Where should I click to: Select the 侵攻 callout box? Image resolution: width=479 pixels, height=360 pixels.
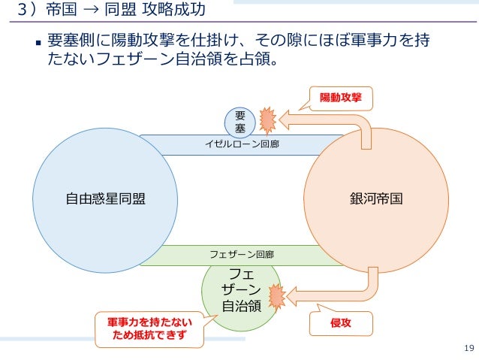(x=340, y=323)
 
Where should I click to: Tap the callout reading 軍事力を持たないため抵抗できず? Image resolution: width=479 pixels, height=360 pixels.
(x=148, y=328)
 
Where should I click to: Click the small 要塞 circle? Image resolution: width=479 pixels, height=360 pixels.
(x=240, y=123)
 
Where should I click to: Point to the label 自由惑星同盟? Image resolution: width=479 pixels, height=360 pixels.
(x=105, y=199)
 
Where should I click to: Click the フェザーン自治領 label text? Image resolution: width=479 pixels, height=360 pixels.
(x=242, y=289)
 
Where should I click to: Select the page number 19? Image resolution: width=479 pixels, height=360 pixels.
(x=470, y=347)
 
